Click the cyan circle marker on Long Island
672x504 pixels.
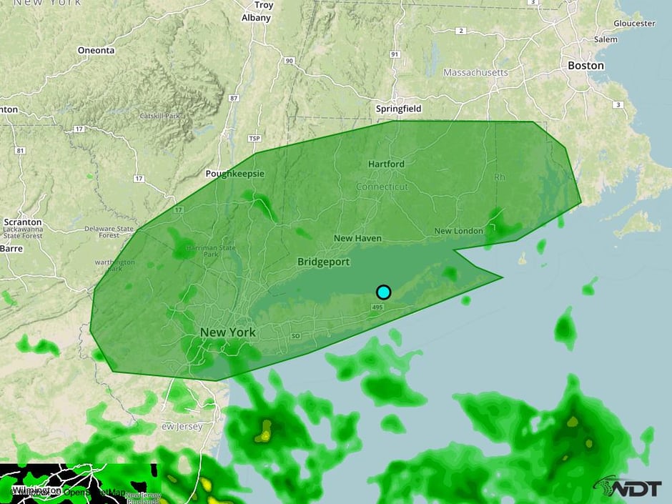click(x=384, y=292)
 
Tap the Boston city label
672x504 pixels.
click(x=585, y=65)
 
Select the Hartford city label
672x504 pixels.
click(x=386, y=164)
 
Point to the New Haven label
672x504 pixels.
click(x=357, y=238)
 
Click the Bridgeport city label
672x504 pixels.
click(x=324, y=262)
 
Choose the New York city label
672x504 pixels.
click(x=227, y=332)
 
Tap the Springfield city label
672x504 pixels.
click(x=398, y=109)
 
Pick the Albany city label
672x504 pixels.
click(x=256, y=18)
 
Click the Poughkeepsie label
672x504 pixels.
click(x=234, y=174)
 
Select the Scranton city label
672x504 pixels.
click(x=22, y=222)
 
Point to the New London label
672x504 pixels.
click(x=459, y=231)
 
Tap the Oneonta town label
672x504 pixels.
click(x=96, y=51)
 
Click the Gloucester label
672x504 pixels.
click(x=633, y=24)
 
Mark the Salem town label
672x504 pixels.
click(x=605, y=40)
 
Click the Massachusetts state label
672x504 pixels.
click(x=475, y=73)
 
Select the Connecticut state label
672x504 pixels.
click(x=382, y=187)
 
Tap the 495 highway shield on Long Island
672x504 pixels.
click(x=378, y=307)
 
